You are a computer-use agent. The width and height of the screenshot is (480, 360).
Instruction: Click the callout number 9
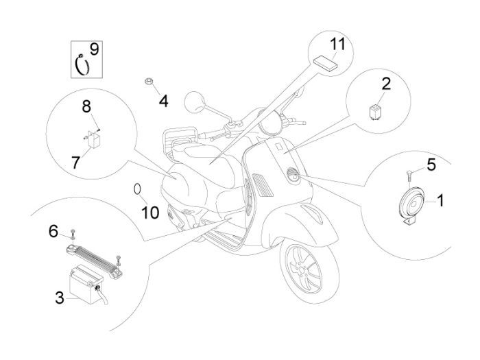[94, 49]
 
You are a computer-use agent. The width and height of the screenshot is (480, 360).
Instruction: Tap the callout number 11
[336, 45]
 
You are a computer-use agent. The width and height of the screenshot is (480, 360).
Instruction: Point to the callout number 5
[431, 165]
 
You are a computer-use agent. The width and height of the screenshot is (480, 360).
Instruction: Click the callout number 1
[440, 200]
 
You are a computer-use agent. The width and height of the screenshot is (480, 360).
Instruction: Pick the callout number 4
[163, 101]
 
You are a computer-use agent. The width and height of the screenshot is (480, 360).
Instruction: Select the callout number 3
[60, 297]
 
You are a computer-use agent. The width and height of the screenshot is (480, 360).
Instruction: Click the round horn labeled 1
[410, 203]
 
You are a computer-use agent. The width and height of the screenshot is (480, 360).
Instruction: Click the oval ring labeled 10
[137, 189]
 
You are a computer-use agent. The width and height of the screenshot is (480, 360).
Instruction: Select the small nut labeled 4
[147, 83]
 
